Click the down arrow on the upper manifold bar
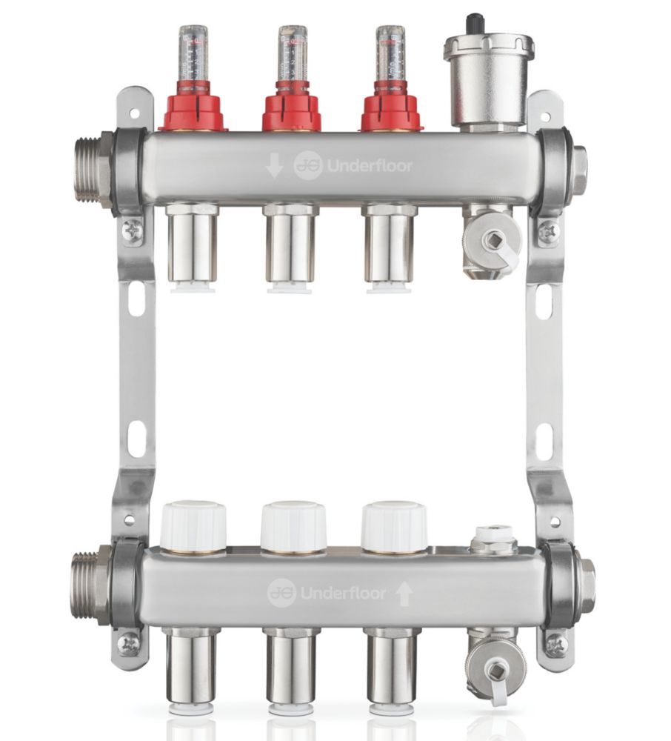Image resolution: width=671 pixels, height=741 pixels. pyautogui.click(x=274, y=167)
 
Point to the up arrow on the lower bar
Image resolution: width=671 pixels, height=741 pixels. pyautogui.click(x=404, y=593)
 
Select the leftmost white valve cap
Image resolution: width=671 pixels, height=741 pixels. pyautogui.click(x=193, y=527)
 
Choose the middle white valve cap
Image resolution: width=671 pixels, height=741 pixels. pyautogui.click(x=293, y=527)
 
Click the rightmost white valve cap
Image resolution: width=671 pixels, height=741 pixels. pyautogui.click(x=393, y=527)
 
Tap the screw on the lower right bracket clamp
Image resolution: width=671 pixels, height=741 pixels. pyautogui.click(x=555, y=644)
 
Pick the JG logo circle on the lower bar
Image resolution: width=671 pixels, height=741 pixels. pyautogui.click(x=281, y=592)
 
